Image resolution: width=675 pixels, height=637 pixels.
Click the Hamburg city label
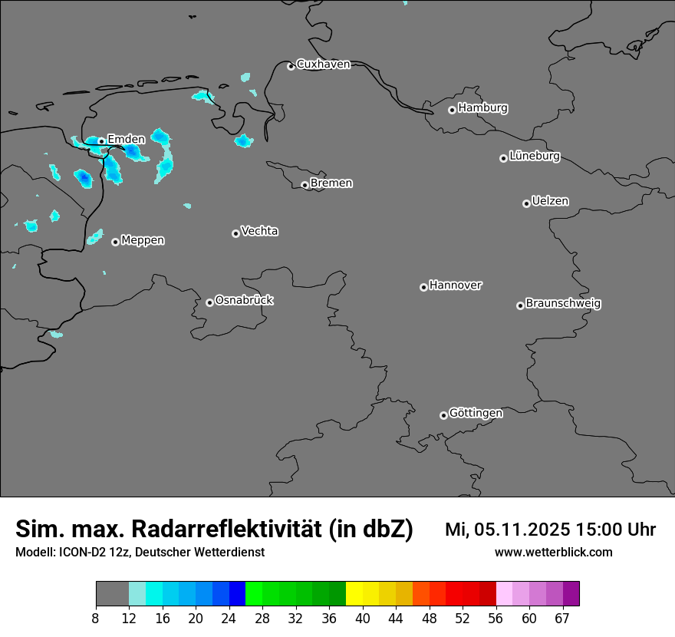click(x=482, y=108)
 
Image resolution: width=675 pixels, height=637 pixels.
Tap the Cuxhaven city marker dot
click(x=291, y=66)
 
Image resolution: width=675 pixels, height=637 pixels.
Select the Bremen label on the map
click(x=331, y=183)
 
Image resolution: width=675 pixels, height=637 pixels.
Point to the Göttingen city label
click(x=476, y=414)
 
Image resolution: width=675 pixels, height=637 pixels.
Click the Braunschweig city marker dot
click(x=520, y=305)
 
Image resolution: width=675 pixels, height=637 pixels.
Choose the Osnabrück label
click(x=244, y=301)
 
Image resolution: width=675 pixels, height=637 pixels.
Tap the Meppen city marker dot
click(x=115, y=242)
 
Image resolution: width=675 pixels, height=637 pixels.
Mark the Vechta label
click(x=259, y=231)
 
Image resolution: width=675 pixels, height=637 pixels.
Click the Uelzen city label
click(x=550, y=202)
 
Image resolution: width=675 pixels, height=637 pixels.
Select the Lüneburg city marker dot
click(x=503, y=158)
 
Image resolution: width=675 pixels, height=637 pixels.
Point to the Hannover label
click(x=455, y=285)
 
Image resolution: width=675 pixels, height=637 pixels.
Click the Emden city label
click(x=126, y=139)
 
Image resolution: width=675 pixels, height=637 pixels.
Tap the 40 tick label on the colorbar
click(x=363, y=619)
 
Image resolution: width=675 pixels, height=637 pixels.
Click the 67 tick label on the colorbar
click(x=563, y=619)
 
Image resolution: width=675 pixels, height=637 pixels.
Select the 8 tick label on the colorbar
click(x=96, y=619)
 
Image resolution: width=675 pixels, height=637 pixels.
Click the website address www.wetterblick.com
click(x=553, y=553)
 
